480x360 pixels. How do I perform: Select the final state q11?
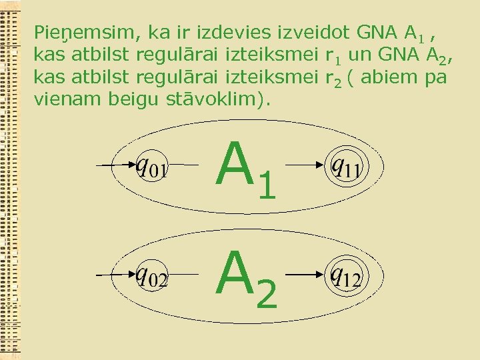(x=345, y=164)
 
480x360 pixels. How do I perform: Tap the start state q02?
(x=152, y=275)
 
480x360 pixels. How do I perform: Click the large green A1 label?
(x=245, y=169)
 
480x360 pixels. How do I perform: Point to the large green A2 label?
(x=245, y=279)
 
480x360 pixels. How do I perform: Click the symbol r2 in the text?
(x=336, y=79)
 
